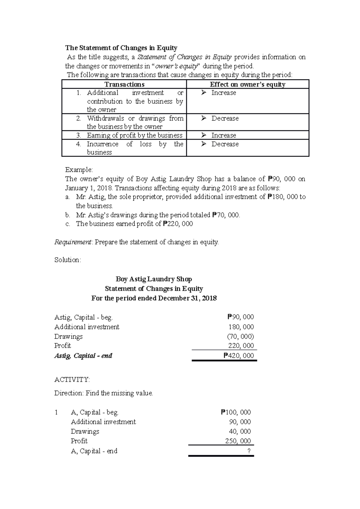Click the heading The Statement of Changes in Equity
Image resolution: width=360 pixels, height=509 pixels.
tap(121, 48)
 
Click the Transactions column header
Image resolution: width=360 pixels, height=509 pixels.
tap(124, 85)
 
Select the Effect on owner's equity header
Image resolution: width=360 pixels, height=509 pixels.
tap(247, 85)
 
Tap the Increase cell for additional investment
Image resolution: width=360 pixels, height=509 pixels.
tap(223, 93)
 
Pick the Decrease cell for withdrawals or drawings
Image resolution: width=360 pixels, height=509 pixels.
tap(225, 118)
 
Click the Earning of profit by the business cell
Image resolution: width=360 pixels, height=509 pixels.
tap(134, 135)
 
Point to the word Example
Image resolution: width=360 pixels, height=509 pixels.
tap(79, 170)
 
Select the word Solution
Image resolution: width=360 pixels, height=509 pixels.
tap(67, 260)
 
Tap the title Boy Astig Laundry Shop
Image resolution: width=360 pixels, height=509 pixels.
tap(154, 279)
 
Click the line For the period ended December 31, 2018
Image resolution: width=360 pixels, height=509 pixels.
tap(154, 299)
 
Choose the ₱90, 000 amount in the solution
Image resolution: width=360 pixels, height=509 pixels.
tap(241, 317)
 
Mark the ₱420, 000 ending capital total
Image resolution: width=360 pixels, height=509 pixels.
tap(239, 356)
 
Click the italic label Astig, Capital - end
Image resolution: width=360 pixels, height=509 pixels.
tap(83, 356)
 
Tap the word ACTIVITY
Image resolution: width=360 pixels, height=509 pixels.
tap(72, 380)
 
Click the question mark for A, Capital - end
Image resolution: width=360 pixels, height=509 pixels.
tap(249, 451)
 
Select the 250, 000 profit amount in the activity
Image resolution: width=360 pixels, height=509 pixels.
tap(238, 441)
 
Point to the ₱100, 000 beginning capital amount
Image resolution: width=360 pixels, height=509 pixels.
tap(236, 412)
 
